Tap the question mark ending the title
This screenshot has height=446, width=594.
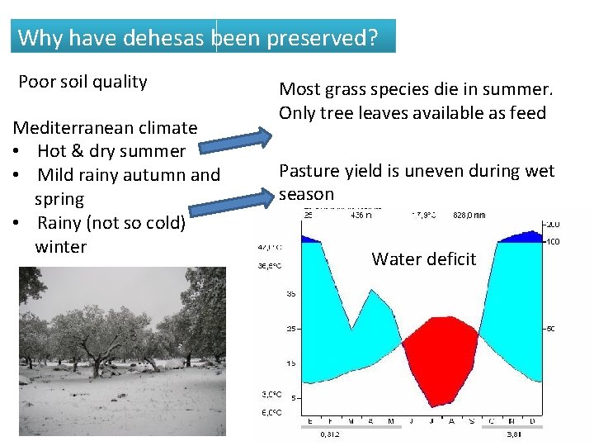click(372, 38)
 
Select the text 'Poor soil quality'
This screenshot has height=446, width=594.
click(82, 82)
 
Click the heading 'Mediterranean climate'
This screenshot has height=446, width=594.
click(104, 128)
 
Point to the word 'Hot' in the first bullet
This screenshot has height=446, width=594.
click(51, 151)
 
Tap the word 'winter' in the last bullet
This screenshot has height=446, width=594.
click(60, 247)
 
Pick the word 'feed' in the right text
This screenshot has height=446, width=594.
click(528, 113)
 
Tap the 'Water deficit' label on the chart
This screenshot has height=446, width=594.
click(423, 259)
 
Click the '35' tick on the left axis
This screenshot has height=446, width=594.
click(290, 293)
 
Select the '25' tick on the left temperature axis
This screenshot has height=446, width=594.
click(290, 330)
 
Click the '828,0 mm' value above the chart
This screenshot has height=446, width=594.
click(469, 214)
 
